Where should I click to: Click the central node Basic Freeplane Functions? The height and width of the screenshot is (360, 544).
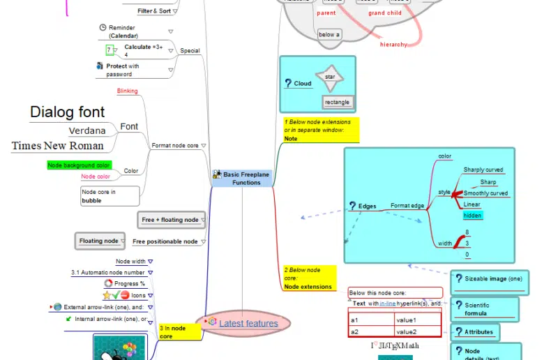242,178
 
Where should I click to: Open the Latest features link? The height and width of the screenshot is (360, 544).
248,323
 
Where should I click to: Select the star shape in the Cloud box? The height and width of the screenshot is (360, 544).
330,77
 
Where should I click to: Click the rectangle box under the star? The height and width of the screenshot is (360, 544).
337,103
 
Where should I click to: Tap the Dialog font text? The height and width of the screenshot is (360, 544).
67,112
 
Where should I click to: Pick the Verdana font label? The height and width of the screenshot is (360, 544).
87,130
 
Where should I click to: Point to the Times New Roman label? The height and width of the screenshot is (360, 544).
58,146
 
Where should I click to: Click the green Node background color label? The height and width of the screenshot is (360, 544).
79,165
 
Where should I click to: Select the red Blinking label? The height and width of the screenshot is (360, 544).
127,91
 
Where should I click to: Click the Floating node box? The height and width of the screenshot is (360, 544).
99,241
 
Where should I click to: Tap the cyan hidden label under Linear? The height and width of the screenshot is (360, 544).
473,216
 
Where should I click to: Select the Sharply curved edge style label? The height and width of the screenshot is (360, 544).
483,170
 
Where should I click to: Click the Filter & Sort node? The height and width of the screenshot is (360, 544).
154,11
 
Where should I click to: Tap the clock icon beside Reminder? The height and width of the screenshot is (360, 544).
103,27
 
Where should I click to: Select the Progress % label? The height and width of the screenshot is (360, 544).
130,284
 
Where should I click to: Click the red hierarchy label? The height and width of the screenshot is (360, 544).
393,45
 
